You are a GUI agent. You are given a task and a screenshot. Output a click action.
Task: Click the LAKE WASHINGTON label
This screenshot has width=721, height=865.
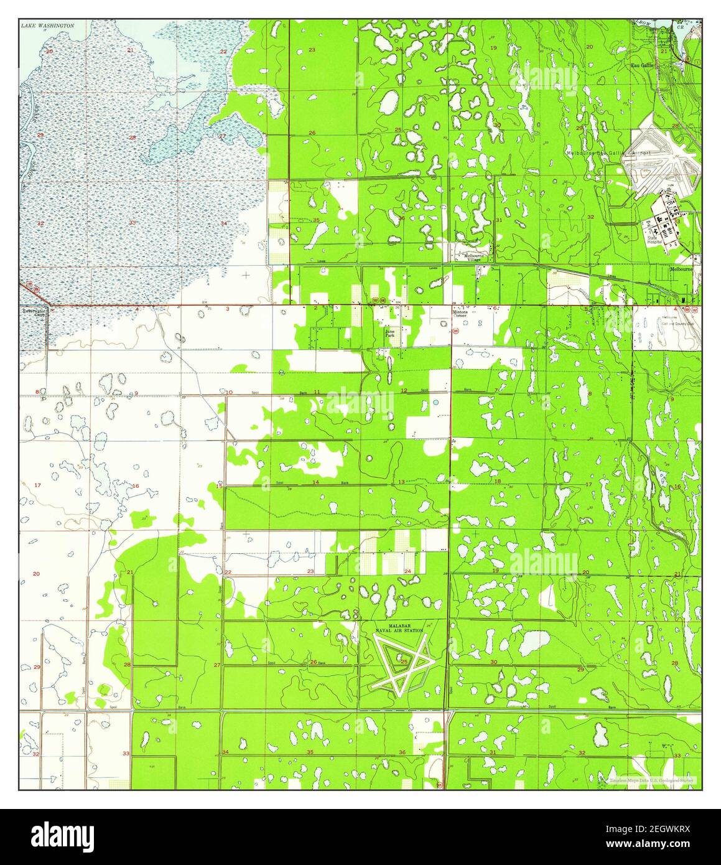tap(47, 26)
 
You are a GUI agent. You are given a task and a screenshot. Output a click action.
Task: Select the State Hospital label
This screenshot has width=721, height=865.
tap(656, 240)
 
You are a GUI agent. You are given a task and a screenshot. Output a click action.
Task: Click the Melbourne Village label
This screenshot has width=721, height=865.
tap(476, 256)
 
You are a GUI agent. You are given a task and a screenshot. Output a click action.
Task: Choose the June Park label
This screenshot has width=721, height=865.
tap(390, 334)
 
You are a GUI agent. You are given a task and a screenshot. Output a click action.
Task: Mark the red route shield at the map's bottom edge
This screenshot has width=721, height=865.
tap(440, 785)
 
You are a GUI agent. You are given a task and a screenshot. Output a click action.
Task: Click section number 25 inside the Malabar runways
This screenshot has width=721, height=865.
tap(404, 662)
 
